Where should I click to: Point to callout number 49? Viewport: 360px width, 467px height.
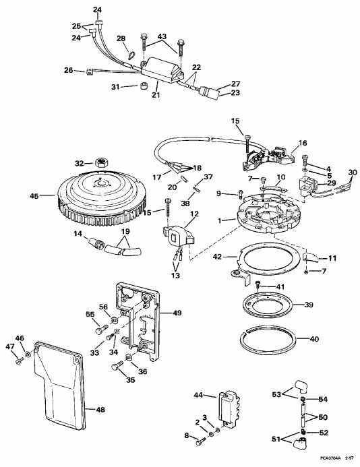pos(177,313)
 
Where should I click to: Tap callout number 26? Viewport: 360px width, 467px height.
pos(69,70)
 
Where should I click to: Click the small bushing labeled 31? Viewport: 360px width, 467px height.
pos(144,86)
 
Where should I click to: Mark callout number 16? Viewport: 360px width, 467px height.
pos(302,144)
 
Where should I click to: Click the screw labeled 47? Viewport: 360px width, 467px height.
pos(16,358)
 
